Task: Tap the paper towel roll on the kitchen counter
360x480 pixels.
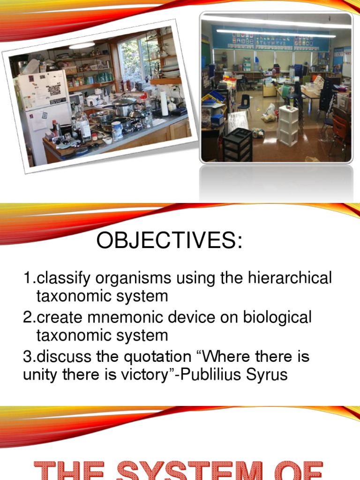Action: coord(164,103)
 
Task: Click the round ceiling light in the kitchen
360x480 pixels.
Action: coord(82,45)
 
